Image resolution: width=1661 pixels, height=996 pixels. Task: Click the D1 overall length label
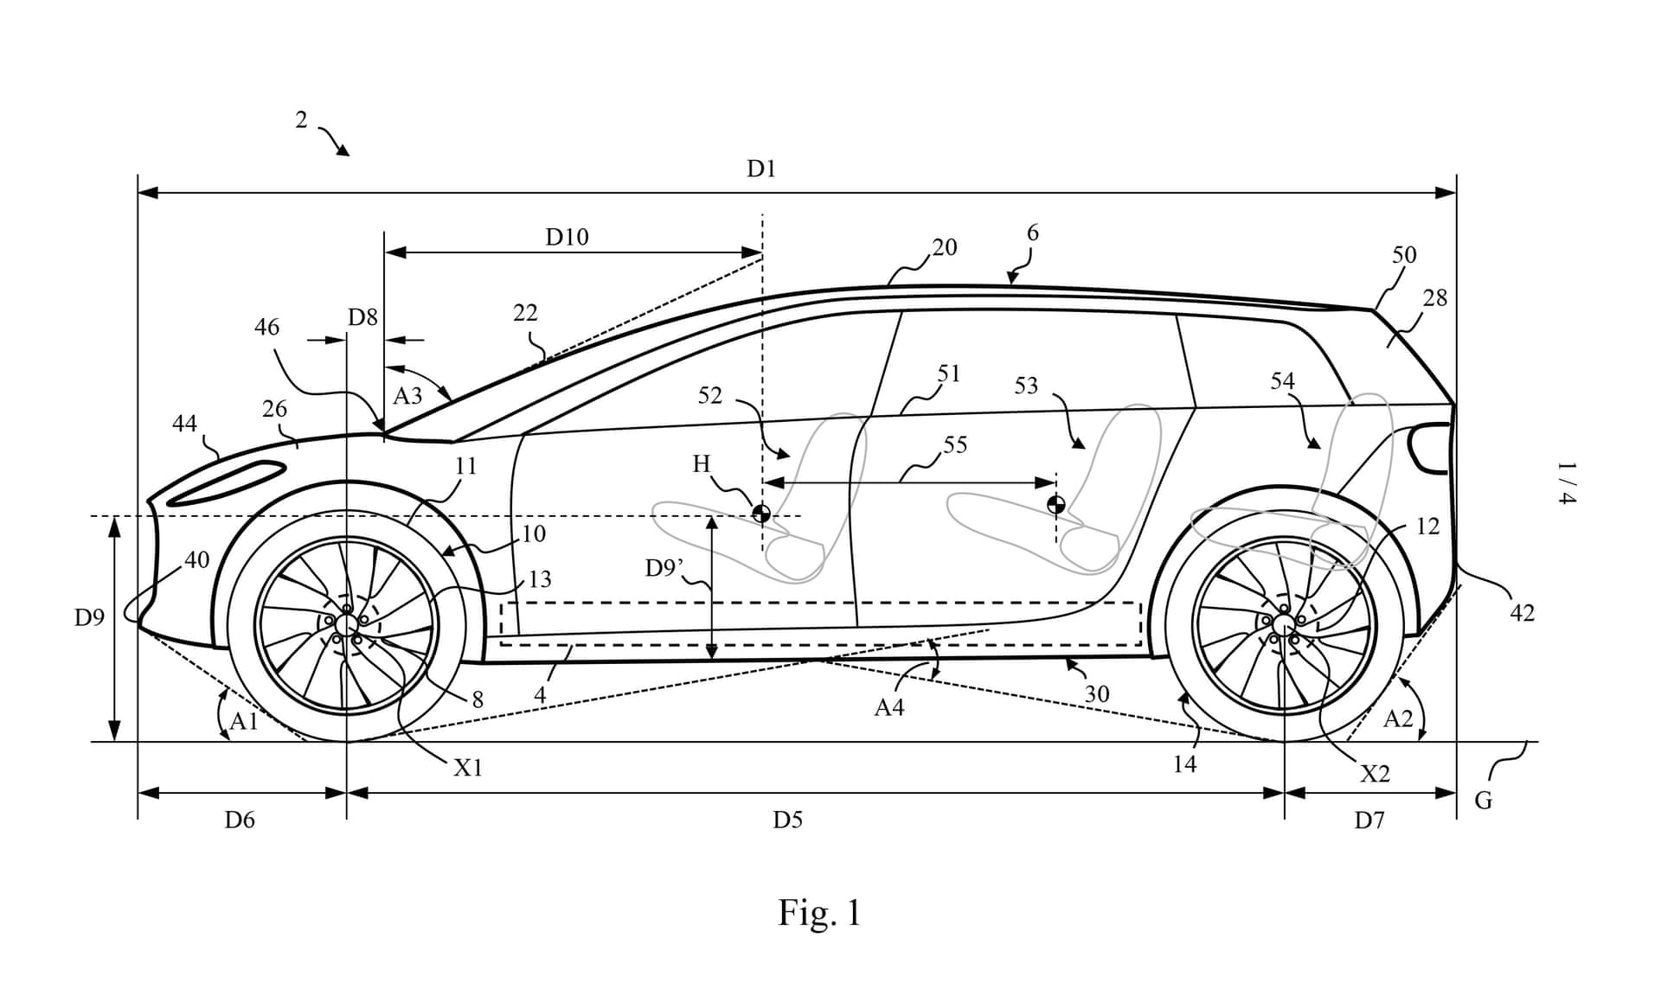click(x=761, y=169)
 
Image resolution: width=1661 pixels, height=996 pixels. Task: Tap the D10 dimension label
click(x=567, y=237)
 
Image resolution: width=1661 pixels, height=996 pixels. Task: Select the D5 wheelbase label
click(x=787, y=820)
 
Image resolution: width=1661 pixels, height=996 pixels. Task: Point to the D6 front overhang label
click(x=240, y=820)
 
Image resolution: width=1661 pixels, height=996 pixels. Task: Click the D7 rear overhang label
click(x=1369, y=820)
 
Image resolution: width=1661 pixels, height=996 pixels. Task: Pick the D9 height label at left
click(x=89, y=617)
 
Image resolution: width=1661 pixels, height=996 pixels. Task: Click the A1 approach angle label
click(x=244, y=721)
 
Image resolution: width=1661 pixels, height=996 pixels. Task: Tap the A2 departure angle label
click(x=1398, y=718)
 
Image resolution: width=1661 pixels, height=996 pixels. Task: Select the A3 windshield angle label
click(x=407, y=396)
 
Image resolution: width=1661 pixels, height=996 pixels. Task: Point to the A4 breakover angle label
click(x=888, y=707)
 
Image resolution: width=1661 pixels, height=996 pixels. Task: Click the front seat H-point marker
click(x=761, y=514)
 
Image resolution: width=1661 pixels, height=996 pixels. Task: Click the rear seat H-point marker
click(x=1056, y=505)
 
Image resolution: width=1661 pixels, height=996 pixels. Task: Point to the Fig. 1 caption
click(x=819, y=913)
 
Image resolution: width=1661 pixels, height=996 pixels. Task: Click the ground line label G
click(x=1483, y=801)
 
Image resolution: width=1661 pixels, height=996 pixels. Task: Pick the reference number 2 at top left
click(x=301, y=120)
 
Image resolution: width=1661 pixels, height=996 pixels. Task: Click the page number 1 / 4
click(x=1567, y=483)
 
